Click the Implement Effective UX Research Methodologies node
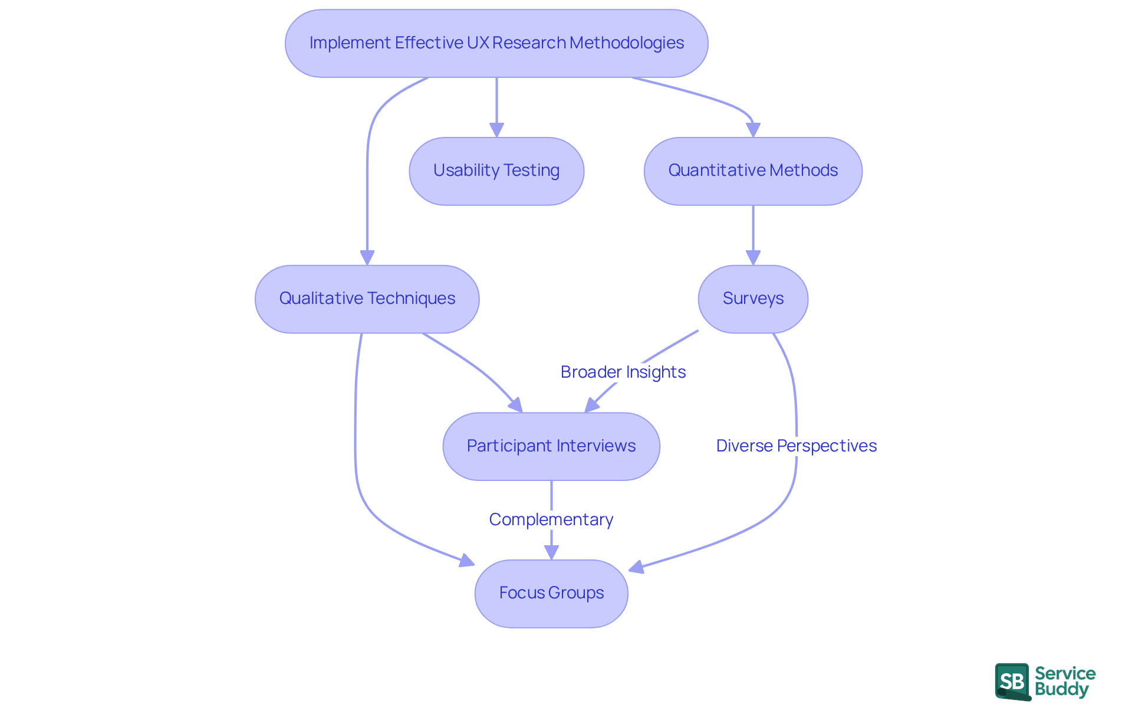(x=496, y=43)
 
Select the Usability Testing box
(x=496, y=171)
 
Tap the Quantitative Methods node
(x=753, y=171)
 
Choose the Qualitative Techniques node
(x=367, y=299)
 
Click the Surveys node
(x=753, y=299)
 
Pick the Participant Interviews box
(x=551, y=446)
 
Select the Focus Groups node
(x=551, y=593)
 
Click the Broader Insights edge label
(x=623, y=372)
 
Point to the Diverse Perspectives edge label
(x=796, y=446)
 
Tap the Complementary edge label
(x=551, y=519)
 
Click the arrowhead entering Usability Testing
(x=496, y=130)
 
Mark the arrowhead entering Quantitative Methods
(x=753, y=130)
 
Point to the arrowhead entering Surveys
(x=753, y=258)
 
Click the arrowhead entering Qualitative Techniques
(x=367, y=258)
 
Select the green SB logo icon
(x=1012, y=682)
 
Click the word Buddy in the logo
(x=1061, y=689)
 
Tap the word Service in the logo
(x=1065, y=673)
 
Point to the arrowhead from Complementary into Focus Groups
(x=551, y=552)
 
